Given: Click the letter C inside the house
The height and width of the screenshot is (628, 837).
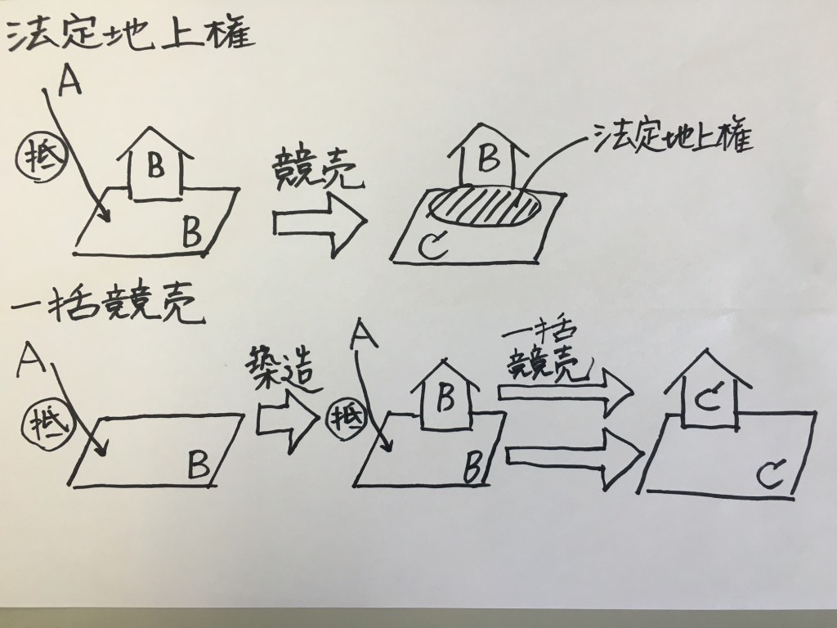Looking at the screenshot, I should (x=709, y=401).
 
